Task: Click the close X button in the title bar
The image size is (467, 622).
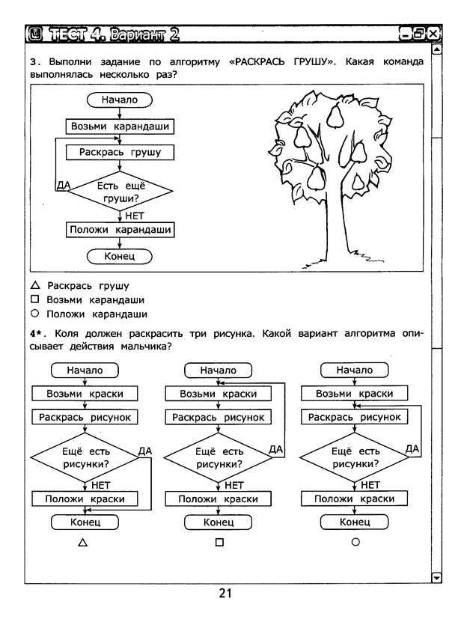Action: click(433, 34)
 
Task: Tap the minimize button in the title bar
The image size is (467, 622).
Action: click(405, 34)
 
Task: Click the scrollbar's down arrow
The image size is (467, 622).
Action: click(436, 577)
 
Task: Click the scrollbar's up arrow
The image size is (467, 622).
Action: click(436, 49)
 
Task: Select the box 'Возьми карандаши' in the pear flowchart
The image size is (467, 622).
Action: click(120, 126)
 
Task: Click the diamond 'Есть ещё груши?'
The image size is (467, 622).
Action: click(120, 192)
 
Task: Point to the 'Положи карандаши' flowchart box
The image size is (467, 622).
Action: click(120, 230)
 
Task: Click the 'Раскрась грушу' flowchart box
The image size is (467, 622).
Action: click(120, 153)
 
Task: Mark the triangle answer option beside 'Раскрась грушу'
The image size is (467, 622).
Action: click(35, 285)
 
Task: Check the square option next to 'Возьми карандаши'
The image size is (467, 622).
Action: click(35, 299)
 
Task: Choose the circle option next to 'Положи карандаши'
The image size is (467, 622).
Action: click(35, 314)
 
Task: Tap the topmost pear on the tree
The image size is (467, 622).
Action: click(335, 117)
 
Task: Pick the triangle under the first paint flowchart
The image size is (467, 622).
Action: click(83, 542)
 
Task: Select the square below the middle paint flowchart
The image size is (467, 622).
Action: click(219, 542)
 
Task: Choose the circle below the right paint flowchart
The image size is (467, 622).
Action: click(355, 541)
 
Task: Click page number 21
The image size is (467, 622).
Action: click(225, 593)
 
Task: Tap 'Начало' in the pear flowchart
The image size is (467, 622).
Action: click(120, 100)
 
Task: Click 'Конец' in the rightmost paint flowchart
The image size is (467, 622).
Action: click(354, 522)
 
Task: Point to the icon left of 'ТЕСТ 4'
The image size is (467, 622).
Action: click(35, 34)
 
